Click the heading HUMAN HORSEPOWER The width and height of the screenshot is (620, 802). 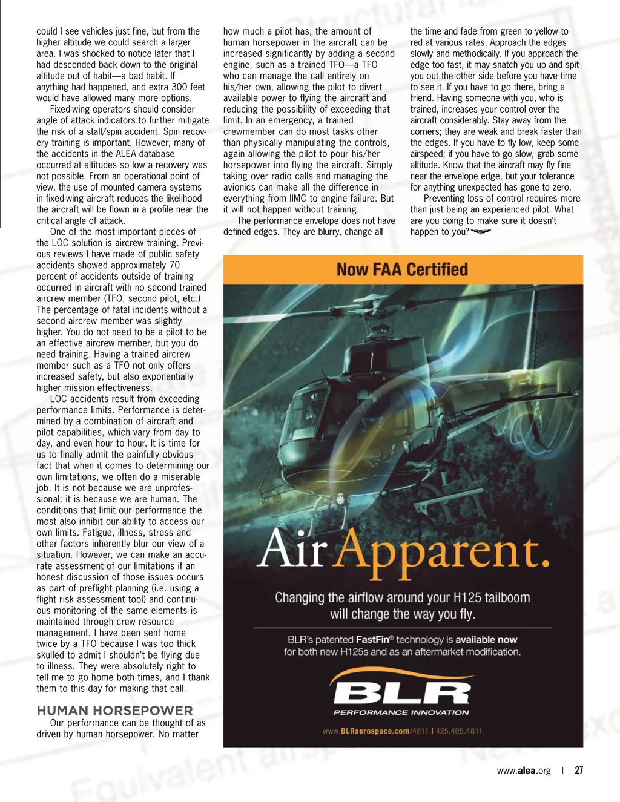tap(114, 710)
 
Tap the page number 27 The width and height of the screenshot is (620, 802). tap(579, 770)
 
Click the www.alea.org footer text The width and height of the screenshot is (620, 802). tap(524, 771)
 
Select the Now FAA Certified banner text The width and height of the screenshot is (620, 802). tap(403, 269)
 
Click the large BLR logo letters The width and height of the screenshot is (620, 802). tap(401, 692)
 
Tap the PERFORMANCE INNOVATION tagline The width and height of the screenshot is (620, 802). tap(401, 712)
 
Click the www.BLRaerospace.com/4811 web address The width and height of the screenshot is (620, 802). tap(375, 731)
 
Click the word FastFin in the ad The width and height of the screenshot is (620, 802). tap(374, 639)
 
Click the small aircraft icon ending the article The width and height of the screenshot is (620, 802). tap(481, 232)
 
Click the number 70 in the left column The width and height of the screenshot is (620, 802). tap(174, 265)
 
